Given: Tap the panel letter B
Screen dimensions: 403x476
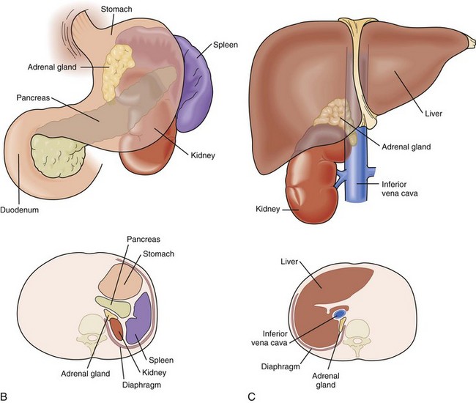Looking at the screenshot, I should click(x=6, y=396).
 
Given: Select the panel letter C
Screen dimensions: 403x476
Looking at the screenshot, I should click(x=252, y=396).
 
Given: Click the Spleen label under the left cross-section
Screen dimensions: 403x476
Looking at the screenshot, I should click(x=163, y=361).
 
